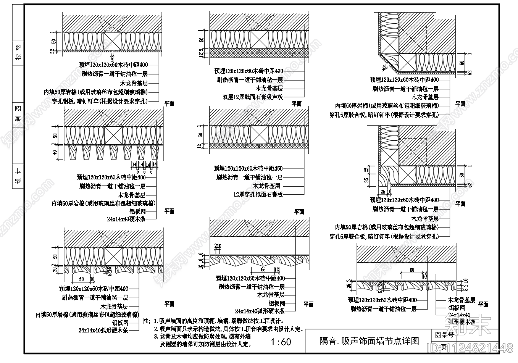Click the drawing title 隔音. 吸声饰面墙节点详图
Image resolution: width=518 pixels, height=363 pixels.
click(369, 340)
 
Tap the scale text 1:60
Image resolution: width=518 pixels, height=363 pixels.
click(281, 342)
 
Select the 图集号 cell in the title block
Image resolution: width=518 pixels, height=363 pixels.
click(444, 335)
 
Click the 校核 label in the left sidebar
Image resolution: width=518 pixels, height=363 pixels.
click(18, 52)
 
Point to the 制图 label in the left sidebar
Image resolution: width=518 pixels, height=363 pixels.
click(18, 113)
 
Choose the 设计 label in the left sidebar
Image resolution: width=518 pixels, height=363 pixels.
click(18, 175)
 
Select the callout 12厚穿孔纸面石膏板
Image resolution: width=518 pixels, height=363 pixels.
click(258, 195)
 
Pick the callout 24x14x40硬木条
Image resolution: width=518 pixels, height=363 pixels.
click(127, 219)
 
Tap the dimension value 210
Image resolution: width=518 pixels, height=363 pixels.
click(218, 247)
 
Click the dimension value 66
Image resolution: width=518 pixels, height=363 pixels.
click(263, 269)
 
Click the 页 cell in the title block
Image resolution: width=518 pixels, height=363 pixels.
click(444, 347)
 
